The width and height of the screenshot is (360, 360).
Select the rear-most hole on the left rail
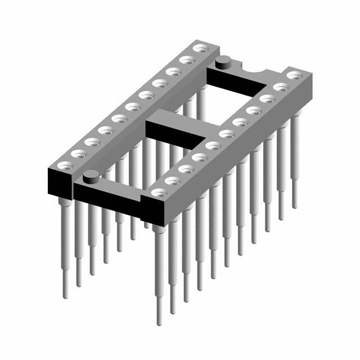pyautogui.click(x=198, y=49)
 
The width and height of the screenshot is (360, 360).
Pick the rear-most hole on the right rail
pyautogui.click(x=293, y=75)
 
